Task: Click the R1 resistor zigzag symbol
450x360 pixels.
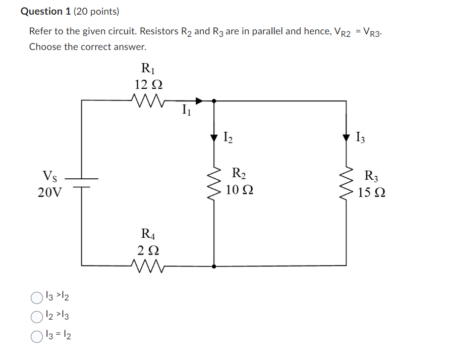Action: click(x=147, y=99)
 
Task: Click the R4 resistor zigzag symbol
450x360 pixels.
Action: click(x=147, y=265)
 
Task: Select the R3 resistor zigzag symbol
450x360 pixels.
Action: click(x=346, y=184)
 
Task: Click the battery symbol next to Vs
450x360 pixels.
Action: click(x=81, y=183)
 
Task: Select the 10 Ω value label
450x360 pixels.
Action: click(x=240, y=190)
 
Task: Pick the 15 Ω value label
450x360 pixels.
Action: click(x=372, y=192)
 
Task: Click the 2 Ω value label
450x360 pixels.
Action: click(x=148, y=249)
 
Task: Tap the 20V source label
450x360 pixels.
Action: click(x=50, y=192)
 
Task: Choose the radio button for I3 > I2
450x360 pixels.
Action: click(x=36, y=298)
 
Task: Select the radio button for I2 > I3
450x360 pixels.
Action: click(x=36, y=317)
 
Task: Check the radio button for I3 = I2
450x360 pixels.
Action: click(x=36, y=336)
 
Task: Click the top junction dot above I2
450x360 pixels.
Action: click(x=214, y=100)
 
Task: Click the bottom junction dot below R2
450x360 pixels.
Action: click(x=214, y=266)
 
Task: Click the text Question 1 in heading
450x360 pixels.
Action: click(x=45, y=11)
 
